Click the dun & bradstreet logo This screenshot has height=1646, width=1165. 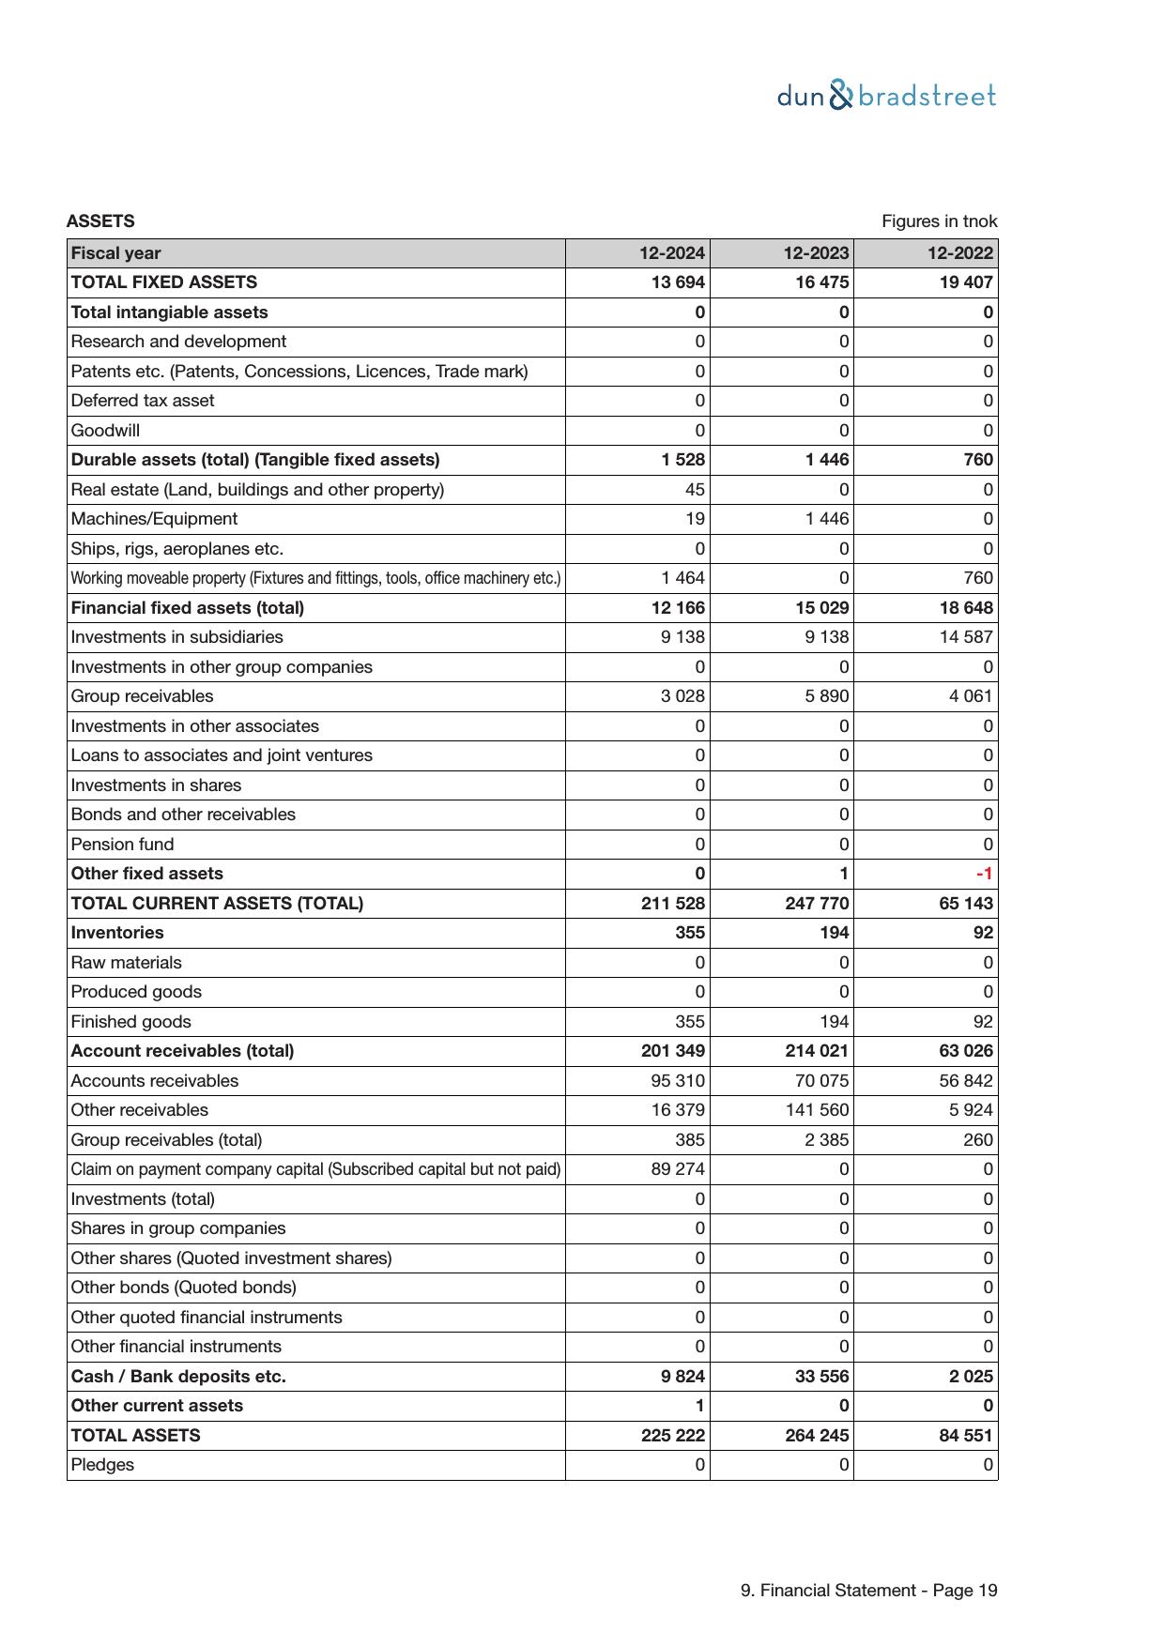click(886, 96)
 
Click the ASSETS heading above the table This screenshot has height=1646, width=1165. click(100, 221)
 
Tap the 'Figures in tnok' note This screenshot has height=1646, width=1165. click(939, 221)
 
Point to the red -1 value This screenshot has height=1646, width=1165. click(984, 874)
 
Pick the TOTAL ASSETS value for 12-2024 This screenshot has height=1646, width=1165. click(673, 1435)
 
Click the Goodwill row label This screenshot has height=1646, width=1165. click(105, 431)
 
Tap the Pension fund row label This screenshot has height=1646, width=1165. click(122, 844)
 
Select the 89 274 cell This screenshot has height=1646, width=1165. click(677, 1169)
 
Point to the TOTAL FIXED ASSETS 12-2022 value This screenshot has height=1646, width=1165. click(965, 282)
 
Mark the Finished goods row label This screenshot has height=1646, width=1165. click(130, 1021)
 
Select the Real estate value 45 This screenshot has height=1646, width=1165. click(695, 490)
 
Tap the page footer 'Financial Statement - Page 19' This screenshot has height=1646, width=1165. click(868, 1590)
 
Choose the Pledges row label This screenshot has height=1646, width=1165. click(102, 1465)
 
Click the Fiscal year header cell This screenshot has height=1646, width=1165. click(115, 253)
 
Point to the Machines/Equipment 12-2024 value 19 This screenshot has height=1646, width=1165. click(695, 519)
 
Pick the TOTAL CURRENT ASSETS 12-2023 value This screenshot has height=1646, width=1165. click(817, 903)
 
